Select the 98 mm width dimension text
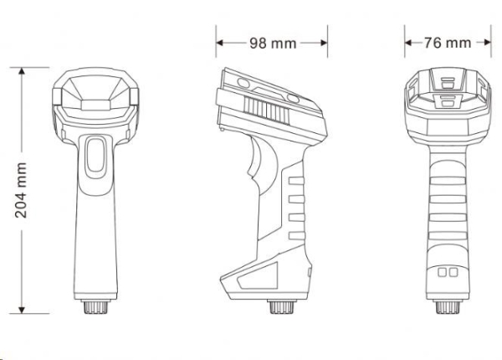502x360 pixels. [x=272, y=43]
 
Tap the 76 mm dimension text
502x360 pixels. [x=447, y=43]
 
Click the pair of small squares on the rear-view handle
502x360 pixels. [x=448, y=273]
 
